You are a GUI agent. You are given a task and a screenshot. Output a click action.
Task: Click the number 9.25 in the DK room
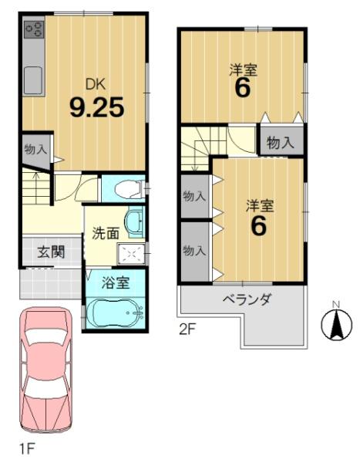point(96,107)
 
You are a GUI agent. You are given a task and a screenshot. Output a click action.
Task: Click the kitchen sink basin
point(34,79)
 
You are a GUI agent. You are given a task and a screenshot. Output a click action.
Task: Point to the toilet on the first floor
point(127,188)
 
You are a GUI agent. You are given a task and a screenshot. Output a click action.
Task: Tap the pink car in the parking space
point(45,370)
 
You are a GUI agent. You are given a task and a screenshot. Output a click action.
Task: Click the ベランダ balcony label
point(247,299)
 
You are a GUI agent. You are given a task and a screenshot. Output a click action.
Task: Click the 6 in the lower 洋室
point(257,226)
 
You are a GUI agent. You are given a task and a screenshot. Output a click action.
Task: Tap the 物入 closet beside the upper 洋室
point(280,142)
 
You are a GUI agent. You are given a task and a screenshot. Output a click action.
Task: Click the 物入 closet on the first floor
point(33,150)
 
